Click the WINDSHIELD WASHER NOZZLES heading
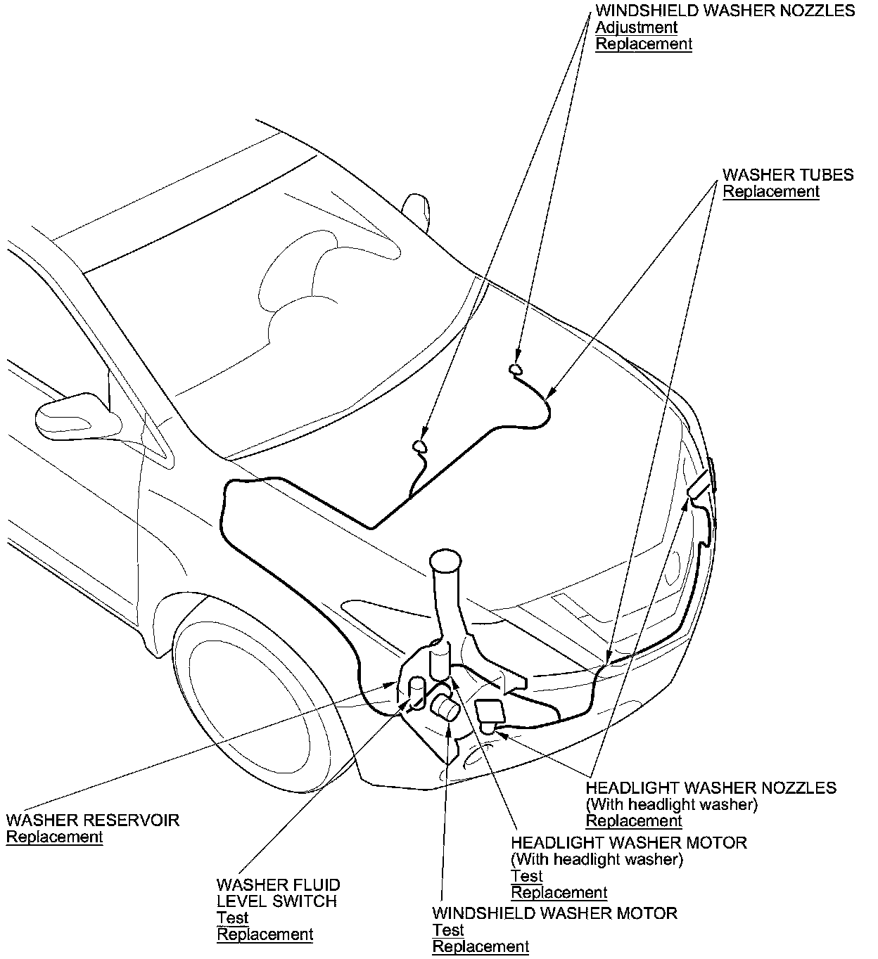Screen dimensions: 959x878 click(x=725, y=11)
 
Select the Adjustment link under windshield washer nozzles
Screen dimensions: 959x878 click(x=636, y=27)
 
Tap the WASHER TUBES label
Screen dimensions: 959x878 click(x=788, y=174)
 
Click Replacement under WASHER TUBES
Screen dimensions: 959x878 click(x=771, y=191)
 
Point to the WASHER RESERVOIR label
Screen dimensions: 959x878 click(x=93, y=820)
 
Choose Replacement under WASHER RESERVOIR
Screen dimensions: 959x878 click(x=54, y=837)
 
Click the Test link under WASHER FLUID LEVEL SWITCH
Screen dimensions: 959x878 click(x=232, y=918)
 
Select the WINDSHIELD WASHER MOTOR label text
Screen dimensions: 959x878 click(x=554, y=913)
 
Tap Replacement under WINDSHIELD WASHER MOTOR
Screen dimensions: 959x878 click(x=481, y=946)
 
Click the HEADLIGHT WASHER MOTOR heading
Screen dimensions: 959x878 click(x=629, y=842)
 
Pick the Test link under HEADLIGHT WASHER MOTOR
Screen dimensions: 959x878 click(x=526, y=875)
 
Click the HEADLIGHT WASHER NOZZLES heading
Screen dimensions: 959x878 click(x=711, y=787)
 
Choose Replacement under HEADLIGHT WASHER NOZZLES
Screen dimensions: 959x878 click(x=634, y=820)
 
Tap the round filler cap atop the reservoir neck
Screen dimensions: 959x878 click(x=445, y=560)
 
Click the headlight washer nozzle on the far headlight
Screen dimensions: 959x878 click(x=701, y=486)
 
